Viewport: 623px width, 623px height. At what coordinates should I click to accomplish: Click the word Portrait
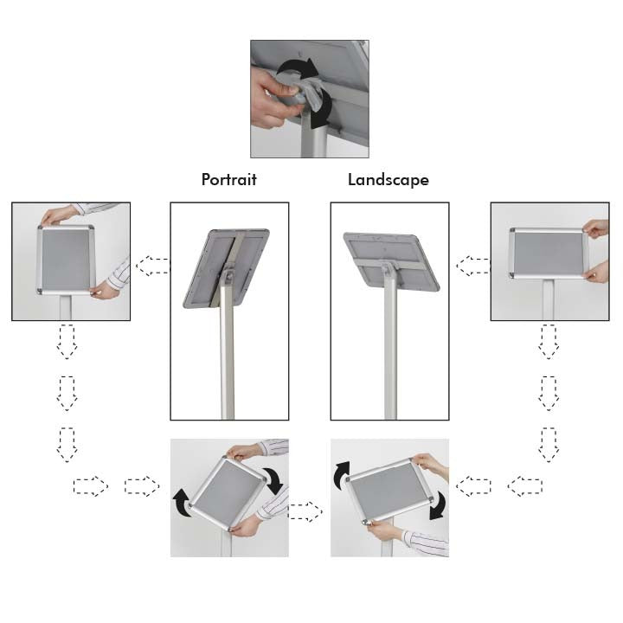228,180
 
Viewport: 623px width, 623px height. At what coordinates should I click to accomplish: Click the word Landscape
389,180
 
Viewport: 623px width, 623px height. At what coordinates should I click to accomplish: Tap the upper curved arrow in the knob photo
296,67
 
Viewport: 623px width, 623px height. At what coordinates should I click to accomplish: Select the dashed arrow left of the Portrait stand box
152,266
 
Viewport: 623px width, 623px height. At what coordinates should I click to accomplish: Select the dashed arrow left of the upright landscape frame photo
472,266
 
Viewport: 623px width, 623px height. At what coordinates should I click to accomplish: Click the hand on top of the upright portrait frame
60,215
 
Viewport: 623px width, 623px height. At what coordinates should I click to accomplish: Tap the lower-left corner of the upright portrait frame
39,292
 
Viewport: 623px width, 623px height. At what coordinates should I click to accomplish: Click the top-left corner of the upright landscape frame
512,231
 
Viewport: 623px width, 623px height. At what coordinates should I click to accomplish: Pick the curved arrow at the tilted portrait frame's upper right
274,478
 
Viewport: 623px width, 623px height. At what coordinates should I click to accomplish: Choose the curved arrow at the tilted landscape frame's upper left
342,475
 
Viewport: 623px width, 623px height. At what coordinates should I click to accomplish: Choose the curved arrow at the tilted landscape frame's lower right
438,505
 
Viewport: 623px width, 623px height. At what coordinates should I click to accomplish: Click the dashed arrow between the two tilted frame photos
305,511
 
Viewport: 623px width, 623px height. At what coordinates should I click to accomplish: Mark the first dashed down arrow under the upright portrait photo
67,342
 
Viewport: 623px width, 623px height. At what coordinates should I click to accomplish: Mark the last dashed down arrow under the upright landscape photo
549,445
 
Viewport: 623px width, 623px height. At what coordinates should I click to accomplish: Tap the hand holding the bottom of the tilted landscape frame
383,530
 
